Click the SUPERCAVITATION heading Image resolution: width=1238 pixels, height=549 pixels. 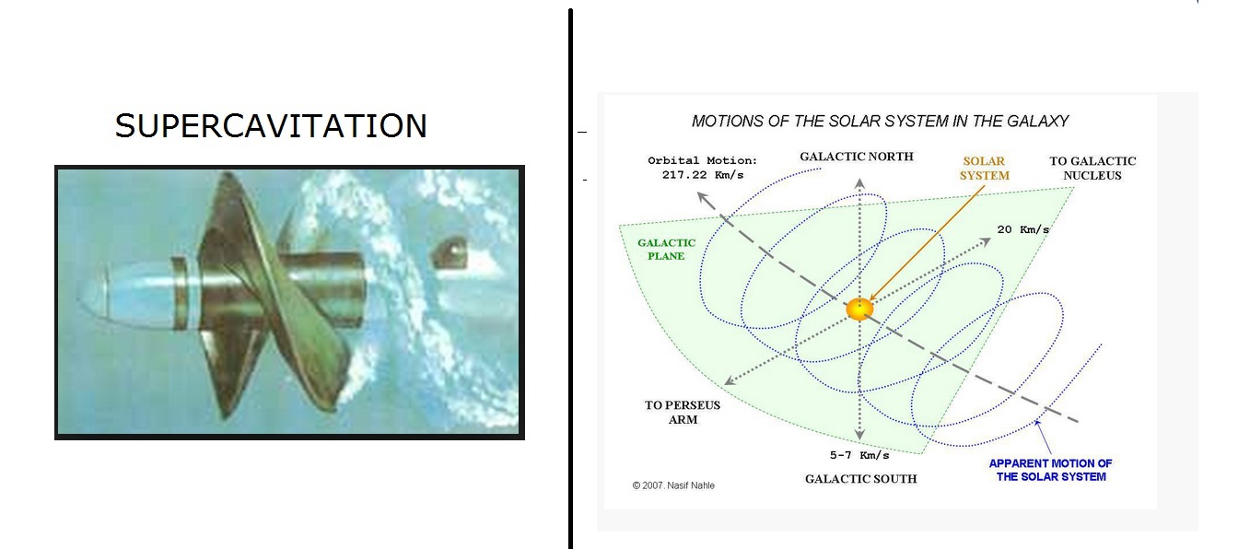point(271,126)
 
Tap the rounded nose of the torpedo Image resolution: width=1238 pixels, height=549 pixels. point(94,296)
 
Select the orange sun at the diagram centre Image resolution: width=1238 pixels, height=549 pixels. point(859,310)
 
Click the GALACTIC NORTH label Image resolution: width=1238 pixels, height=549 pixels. point(857,157)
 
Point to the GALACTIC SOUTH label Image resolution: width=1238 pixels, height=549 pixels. point(860,479)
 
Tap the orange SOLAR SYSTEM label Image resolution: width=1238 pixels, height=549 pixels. point(985,168)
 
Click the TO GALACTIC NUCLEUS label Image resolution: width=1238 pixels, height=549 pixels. point(1092,168)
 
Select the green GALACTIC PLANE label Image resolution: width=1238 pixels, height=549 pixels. point(667,250)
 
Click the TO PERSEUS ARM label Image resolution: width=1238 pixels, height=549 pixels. point(683,412)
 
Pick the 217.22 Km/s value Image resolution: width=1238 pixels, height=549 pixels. point(703,175)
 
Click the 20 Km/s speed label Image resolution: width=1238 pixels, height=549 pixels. point(1022,229)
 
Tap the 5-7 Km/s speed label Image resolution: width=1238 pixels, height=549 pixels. point(859,455)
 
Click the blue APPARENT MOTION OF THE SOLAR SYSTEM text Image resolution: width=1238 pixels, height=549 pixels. point(1051,470)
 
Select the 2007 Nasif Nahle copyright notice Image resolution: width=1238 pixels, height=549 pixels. point(673,485)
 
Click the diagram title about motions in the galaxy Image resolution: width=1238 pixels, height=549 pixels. point(880,121)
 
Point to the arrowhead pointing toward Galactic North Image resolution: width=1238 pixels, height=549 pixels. point(859,183)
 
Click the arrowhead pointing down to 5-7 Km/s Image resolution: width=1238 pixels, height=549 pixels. point(859,435)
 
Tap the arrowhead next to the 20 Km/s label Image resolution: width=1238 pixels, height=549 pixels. point(985,241)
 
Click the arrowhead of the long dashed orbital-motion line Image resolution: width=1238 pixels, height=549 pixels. point(702,197)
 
